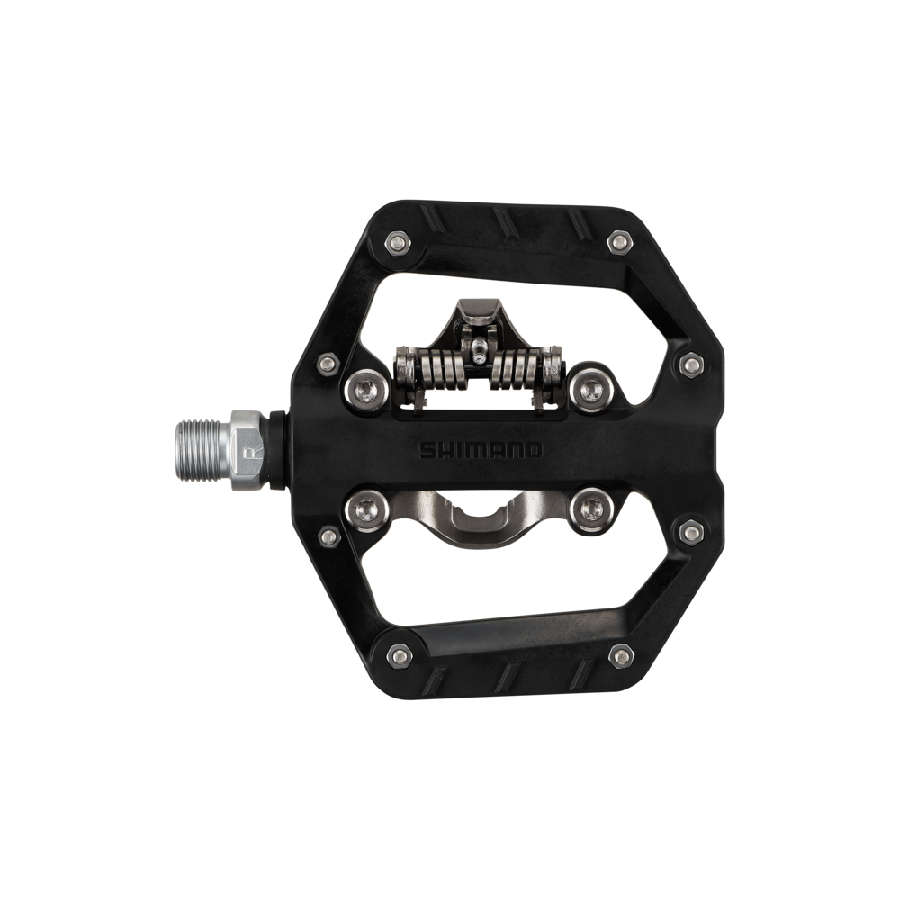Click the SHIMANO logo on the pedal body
click(x=480, y=449)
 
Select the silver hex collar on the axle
click(x=251, y=449)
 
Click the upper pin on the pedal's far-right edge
click(x=690, y=364)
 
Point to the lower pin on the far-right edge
click(x=690, y=533)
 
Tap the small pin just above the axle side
click(x=329, y=363)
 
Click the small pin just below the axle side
click(x=329, y=536)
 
